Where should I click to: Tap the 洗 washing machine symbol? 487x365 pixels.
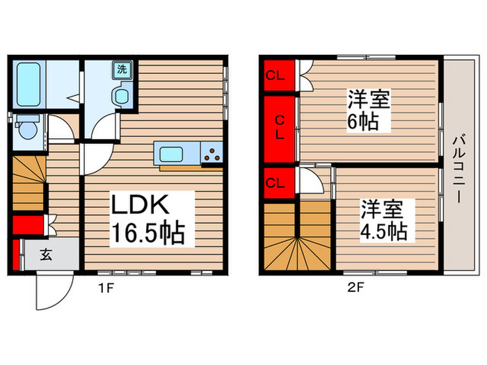point(122,70)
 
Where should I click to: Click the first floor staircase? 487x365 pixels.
point(28,182)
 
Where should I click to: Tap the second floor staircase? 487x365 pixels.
point(298,236)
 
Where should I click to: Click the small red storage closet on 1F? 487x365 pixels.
point(26,225)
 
